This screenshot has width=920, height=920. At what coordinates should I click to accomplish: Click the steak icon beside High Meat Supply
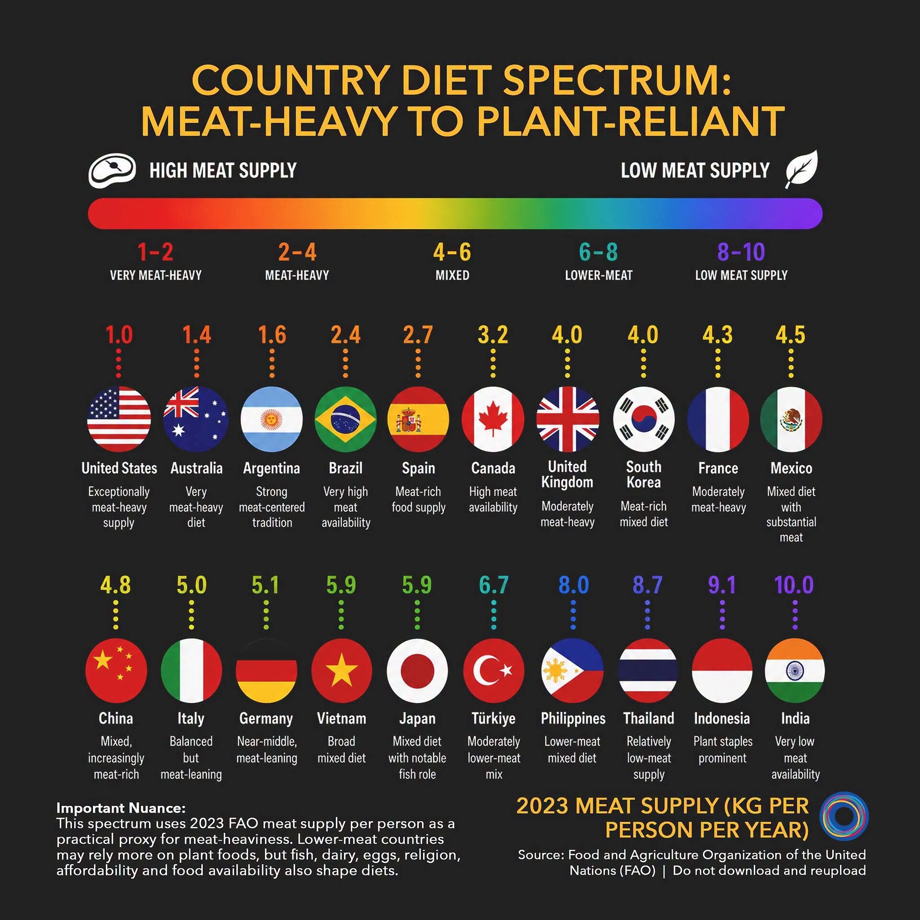112,170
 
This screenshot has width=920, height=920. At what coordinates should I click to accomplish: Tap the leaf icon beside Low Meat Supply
802,169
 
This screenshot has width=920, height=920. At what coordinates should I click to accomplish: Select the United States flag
119,419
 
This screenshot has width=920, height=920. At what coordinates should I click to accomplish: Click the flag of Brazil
345,419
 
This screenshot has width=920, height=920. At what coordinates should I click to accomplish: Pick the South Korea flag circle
644,419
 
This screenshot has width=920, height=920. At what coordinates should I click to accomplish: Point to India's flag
794,670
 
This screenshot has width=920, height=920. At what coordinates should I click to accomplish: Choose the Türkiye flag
494,670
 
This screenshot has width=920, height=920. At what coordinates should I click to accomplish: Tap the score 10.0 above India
794,585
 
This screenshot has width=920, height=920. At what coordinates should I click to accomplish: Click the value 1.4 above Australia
196,335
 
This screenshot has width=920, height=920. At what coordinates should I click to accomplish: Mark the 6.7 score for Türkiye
494,585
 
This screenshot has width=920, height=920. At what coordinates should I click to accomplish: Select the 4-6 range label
452,252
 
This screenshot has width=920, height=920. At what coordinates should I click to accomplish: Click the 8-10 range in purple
741,252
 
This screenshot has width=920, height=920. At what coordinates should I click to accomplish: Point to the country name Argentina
272,468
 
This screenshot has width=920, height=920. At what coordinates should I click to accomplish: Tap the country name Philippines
573,718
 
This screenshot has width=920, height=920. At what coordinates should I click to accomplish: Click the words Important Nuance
121,808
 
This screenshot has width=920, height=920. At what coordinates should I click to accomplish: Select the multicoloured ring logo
844,816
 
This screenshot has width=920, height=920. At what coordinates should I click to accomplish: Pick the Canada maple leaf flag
493,419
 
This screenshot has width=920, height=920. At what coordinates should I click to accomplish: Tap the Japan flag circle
417,670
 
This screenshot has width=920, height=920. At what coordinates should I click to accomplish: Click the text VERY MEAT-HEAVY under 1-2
156,276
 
